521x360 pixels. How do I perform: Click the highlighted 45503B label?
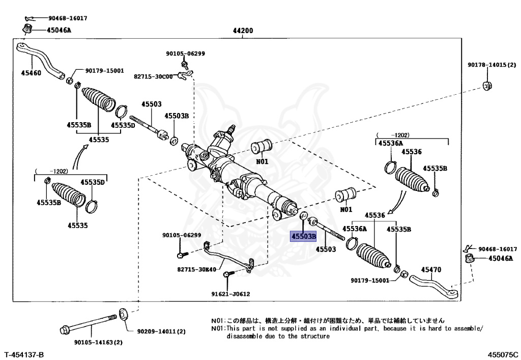pyautogui.click(x=303, y=236)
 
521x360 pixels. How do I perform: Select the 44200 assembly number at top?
pyautogui.click(x=243, y=31)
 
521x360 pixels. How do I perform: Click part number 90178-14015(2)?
pyautogui.click(x=492, y=65)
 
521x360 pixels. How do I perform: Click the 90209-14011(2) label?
pyautogui.click(x=161, y=331)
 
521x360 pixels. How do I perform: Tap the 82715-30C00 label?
pyautogui.click(x=153, y=76)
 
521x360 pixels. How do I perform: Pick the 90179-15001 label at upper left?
pyautogui.click(x=104, y=71)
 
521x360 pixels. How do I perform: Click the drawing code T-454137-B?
pyautogui.click(x=24, y=354)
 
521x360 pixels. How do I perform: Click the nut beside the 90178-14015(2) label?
pyautogui.click(x=487, y=86)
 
